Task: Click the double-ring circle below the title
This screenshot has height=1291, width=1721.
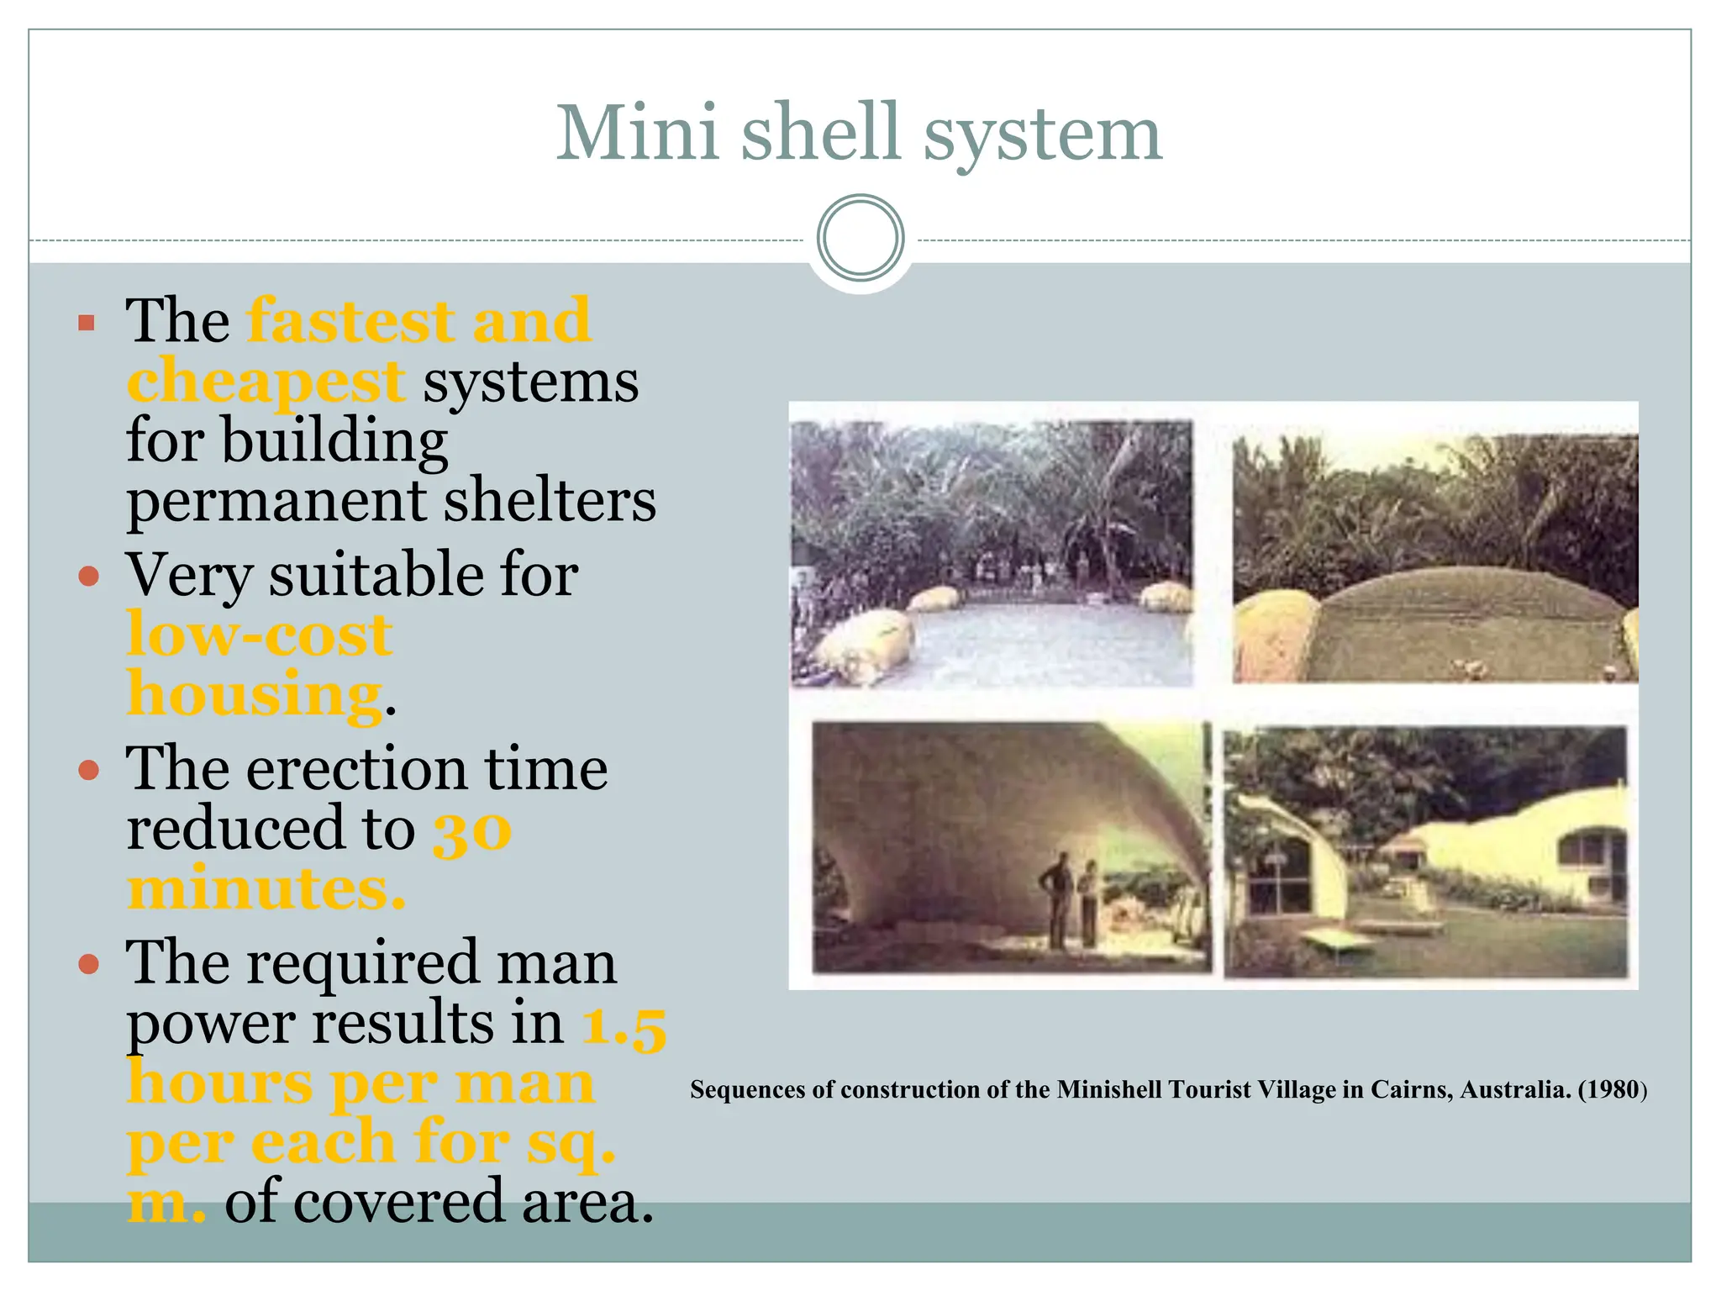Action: pyautogui.click(x=860, y=238)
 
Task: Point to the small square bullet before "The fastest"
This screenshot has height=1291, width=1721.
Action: pyautogui.click(x=87, y=323)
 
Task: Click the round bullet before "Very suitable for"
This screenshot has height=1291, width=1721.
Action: pyautogui.click(x=89, y=577)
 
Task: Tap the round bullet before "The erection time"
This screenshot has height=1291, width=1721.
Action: pyautogui.click(x=89, y=770)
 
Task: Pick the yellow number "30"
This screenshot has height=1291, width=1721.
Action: pyautogui.click(x=471, y=832)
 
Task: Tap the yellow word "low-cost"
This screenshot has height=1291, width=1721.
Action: pyautogui.click(x=259, y=635)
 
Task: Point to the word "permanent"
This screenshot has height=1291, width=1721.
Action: pyautogui.click(x=276, y=502)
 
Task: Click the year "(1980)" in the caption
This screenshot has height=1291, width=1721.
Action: pyautogui.click(x=1612, y=1090)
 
